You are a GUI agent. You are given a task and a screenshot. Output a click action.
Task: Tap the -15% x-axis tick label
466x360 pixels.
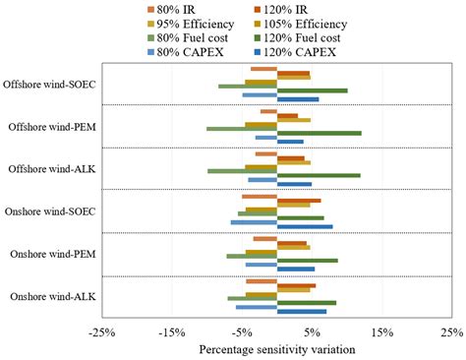click(173, 331)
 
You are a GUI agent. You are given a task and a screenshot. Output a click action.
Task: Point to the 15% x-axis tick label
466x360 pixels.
click(382, 331)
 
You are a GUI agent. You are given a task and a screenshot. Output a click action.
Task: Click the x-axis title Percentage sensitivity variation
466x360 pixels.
click(276, 348)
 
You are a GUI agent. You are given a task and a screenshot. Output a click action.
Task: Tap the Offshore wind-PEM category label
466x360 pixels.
click(51, 127)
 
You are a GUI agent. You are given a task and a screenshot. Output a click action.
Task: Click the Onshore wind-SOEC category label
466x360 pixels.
click(50, 211)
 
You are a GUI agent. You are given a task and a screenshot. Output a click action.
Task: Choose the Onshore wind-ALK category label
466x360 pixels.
click(52, 296)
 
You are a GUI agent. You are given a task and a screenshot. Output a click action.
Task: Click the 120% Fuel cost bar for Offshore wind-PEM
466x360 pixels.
click(319, 133)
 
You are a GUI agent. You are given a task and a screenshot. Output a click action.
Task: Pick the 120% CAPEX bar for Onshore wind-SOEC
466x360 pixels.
click(305, 226)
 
